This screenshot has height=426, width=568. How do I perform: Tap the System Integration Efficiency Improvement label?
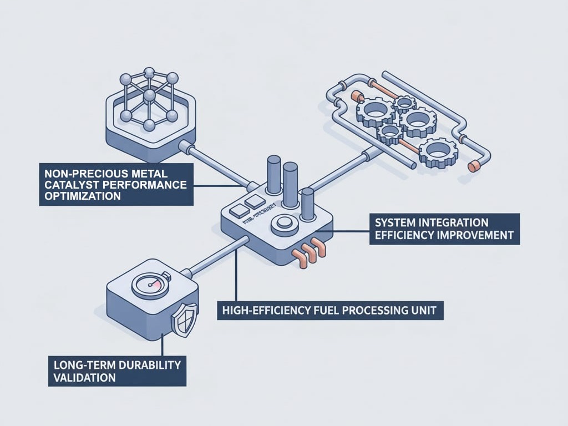(444, 229)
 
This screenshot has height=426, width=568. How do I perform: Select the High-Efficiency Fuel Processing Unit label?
(330, 311)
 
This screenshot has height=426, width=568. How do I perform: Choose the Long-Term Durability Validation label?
(117, 371)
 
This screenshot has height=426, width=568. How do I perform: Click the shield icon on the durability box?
(184, 319)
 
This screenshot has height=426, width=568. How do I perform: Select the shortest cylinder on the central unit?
(308, 204)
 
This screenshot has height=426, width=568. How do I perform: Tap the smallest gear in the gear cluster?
(405, 103)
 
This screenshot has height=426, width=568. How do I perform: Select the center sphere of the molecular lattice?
(149, 97)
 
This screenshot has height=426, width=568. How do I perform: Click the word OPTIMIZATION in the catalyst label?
(83, 197)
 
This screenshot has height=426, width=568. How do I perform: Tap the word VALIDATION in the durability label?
(85, 378)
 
